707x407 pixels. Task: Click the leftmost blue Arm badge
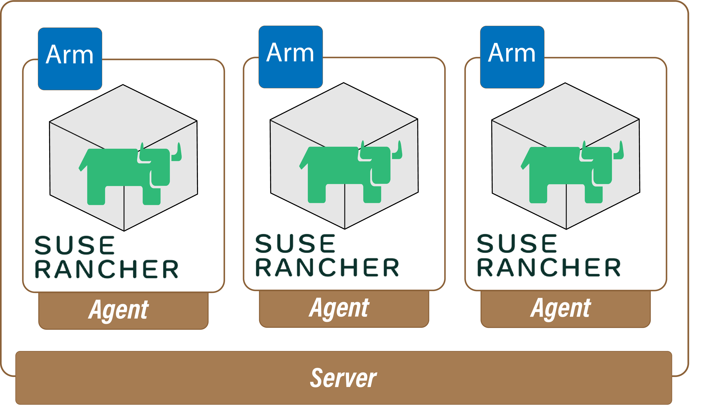pyautogui.click(x=70, y=59)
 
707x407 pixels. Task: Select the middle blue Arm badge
pyautogui.click(x=290, y=57)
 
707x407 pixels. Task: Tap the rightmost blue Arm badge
pyautogui.click(x=512, y=57)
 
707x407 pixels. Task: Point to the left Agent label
pyautogui.click(x=119, y=310)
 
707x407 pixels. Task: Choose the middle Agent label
pyautogui.click(x=339, y=308)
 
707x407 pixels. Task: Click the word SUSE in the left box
pyautogui.click(x=74, y=245)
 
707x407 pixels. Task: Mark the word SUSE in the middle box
pyautogui.click(x=295, y=243)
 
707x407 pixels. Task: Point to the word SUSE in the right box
pyautogui.click(x=517, y=243)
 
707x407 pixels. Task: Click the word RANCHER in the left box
pyautogui.click(x=106, y=269)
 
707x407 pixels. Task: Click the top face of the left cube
pyautogui.click(x=123, y=112)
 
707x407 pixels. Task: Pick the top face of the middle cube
pyautogui.click(x=344, y=110)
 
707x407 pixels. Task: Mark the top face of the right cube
pyautogui.click(x=565, y=110)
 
